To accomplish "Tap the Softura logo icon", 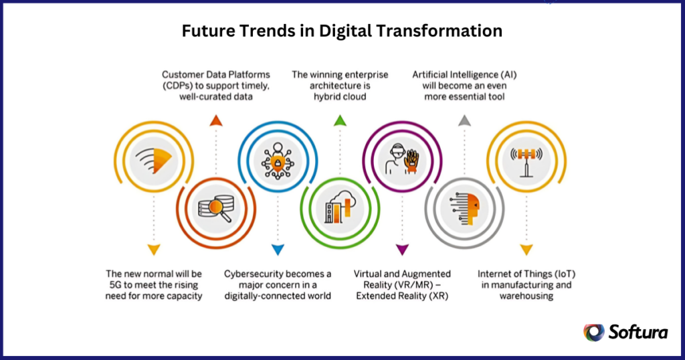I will [x=593, y=333].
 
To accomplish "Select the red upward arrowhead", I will [x=215, y=120].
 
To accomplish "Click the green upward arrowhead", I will [x=339, y=120].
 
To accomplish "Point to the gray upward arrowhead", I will [x=464, y=120].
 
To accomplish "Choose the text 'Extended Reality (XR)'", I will [x=402, y=296].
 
